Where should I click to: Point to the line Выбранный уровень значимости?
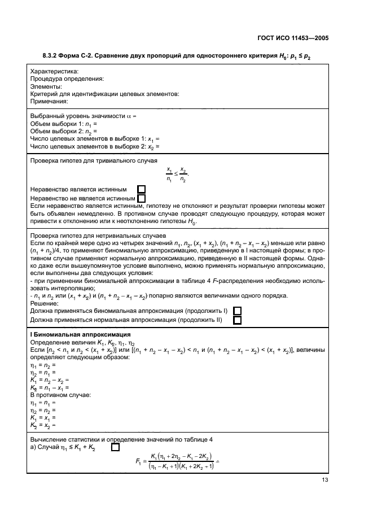click(83, 116)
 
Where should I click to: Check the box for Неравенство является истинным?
click(142, 189)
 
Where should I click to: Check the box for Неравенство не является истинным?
click(142, 198)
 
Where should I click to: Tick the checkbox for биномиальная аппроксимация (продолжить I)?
click(238, 311)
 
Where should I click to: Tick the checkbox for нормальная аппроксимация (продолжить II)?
click(238, 320)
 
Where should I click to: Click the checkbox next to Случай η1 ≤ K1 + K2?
click(116, 447)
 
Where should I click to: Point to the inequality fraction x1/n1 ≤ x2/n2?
click(177, 174)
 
